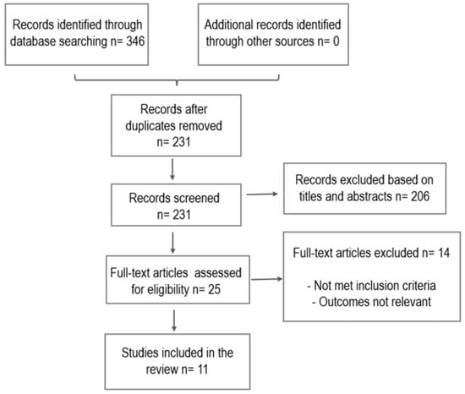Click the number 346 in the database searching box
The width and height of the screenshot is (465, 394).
pyautogui.click(x=135, y=41)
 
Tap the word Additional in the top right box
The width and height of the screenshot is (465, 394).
pyautogui.click(x=227, y=25)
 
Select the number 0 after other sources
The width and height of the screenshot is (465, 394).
pyautogui.click(x=336, y=41)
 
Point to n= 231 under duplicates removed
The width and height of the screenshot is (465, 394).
pyautogui.click(x=174, y=142)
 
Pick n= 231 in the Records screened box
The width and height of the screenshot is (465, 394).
pyautogui.click(x=174, y=215)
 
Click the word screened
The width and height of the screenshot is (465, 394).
pyautogui.click(x=196, y=198)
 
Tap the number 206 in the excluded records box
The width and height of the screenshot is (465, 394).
pyautogui.click(x=420, y=196)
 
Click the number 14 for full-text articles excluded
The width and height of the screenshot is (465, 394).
pyautogui.click(x=444, y=253)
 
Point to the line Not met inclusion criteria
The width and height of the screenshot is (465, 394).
pyautogui.click(x=372, y=286)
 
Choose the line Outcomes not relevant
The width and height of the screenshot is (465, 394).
pyautogui.click(x=372, y=302)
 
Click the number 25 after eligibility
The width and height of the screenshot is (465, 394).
pyautogui.click(x=215, y=289)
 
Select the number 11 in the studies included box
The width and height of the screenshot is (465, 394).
pyautogui.click(x=203, y=369)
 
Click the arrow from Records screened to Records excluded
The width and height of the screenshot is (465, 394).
pyautogui.click(x=262, y=194)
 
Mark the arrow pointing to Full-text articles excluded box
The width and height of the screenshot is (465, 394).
pyautogui.click(x=266, y=279)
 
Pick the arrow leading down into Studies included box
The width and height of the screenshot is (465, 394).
pyautogui.click(x=174, y=320)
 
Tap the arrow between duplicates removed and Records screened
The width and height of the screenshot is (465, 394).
pyautogui.click(x=172, y=170)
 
